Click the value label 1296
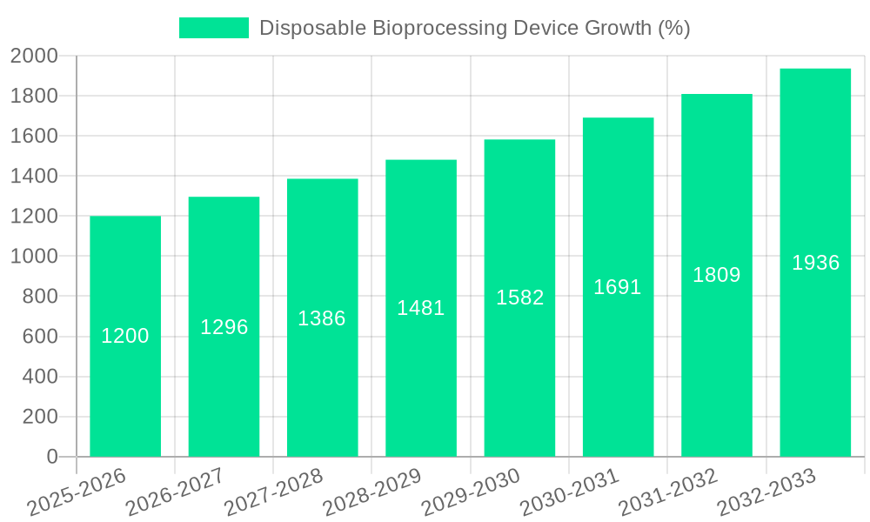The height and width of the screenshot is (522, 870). point(224,327)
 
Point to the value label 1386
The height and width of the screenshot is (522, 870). point(322,318)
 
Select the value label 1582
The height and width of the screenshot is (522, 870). point(520,298)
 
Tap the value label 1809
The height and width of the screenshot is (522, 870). point(717,275)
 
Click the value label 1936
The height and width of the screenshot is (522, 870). point(815,263)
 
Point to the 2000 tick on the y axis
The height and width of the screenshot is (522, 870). point(34,57)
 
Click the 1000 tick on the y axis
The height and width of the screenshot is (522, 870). point(34,257)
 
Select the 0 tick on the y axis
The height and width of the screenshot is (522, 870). point(51,457)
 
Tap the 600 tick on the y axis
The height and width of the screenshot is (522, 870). point(40,337)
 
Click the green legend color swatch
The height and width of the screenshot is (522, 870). point(213,28)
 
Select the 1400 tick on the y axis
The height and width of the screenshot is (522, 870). point(34,177)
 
